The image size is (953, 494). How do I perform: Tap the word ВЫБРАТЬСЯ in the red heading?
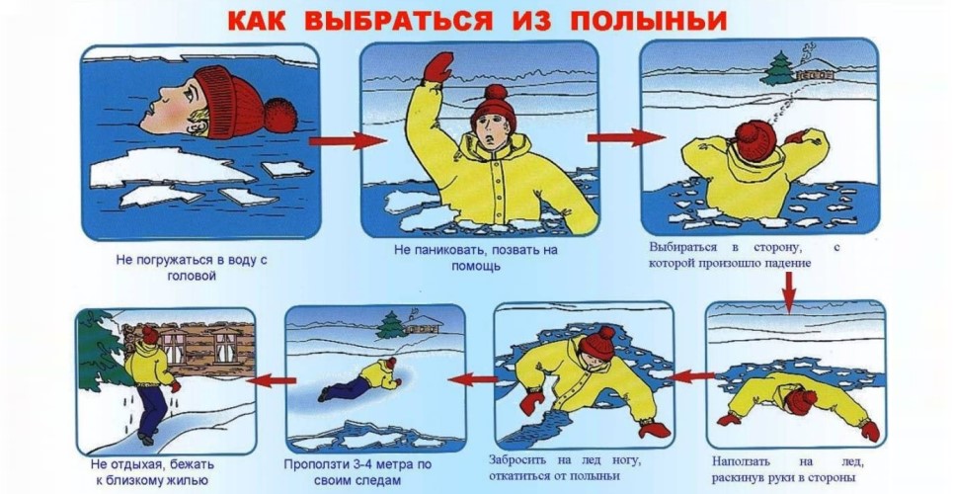pos(398,20)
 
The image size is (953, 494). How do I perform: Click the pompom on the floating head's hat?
pos(280,116)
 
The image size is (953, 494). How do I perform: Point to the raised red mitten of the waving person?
pos(438,67)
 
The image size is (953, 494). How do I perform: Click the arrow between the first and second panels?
pos(348,141)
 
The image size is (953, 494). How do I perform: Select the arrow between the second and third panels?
pos(626,138)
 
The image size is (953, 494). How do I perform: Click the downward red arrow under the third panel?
pos(789,292)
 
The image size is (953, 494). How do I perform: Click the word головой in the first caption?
pos(192,276)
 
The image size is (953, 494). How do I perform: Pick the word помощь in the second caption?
pos(476,266)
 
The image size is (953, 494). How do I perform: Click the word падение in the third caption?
pos(787,264)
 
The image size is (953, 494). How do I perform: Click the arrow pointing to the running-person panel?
pos(272,380)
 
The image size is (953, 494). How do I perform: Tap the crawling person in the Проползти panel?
pos(359,379)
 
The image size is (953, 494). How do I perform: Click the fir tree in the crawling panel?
pos(389,325)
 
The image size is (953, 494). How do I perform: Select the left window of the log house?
pos(174,345)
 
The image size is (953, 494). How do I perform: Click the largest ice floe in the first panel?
pos(170,167)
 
